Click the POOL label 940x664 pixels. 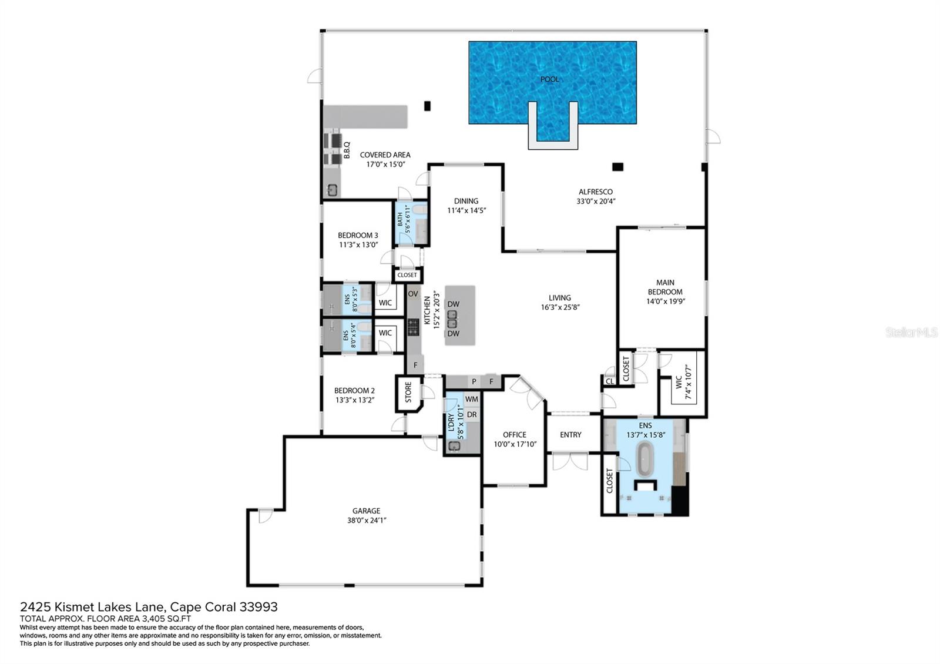pyautogui.click(x=549, y=79)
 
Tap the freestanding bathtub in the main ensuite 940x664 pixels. pyautogui.click(x=646, y=460)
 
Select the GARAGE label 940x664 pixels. pyautogui.click(x=367, y=511)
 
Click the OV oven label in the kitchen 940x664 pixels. pyautogui.click(x=413, y=294)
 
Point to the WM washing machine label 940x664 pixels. pyautogui.click(x=472, y=399)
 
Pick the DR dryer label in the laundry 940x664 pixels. pyautogui.click(x=472, y=415)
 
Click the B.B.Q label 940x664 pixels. pyautogui.click(x=347, y=150)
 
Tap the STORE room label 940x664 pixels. pyautogui.click(x=409, y=393)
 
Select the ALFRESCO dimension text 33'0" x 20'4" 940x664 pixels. pyautogui.click(x=596, y=201)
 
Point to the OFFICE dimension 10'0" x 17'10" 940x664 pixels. pyautogui.click(x=515, y=444)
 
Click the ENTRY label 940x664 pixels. pyautogui.click(x=570, y=435)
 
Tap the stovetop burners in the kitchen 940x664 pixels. pyautogui.click(x=414, y=327)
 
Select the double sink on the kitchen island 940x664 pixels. pyautogui.click(x=452, y=319)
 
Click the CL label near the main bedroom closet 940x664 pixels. pyautogui.click(x=610, y=381)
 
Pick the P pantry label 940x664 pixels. pyautogui.click(x=474, y=381)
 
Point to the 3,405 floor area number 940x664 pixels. pyautogui.click(x=153, y=619)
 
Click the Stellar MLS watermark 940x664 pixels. pyautogui.click(x=911, y=333)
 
